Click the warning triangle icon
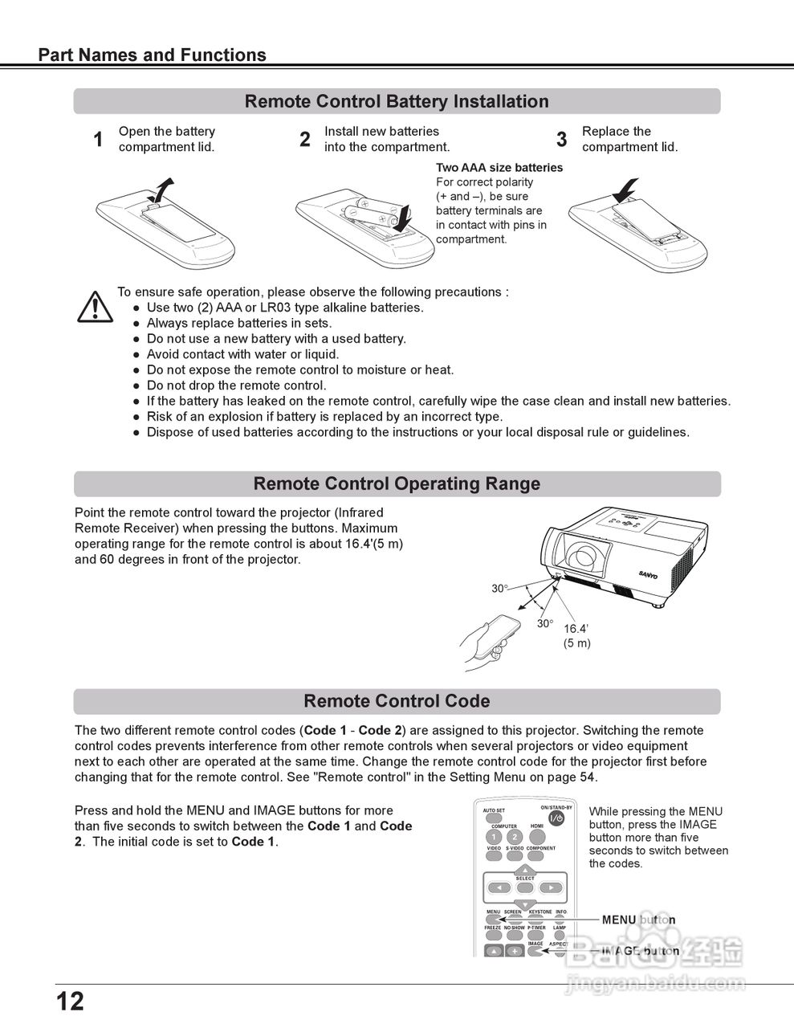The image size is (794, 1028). (x=95, y=307)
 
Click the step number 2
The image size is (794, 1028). (x=305, y=140)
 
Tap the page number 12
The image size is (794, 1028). (x=70, y=1001)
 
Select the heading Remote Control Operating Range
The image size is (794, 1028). (x=397, y=483)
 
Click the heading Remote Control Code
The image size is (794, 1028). (x=397, y=701)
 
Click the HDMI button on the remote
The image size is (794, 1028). (x=537, y=837)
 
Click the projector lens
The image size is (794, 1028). (x=580, y=559)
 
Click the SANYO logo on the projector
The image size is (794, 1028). (x=647, y=574)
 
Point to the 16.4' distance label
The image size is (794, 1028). (x=576, y=629)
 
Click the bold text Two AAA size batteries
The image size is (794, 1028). (x=499, y=168)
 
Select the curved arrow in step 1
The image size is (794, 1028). (x=163, y=191)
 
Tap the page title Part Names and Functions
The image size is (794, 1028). (x=153, y=55)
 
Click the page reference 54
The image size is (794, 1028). (x=588, y=777)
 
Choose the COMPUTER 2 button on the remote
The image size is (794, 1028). (x=515, y=837)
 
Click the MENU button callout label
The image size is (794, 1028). (x=638, y=920)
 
